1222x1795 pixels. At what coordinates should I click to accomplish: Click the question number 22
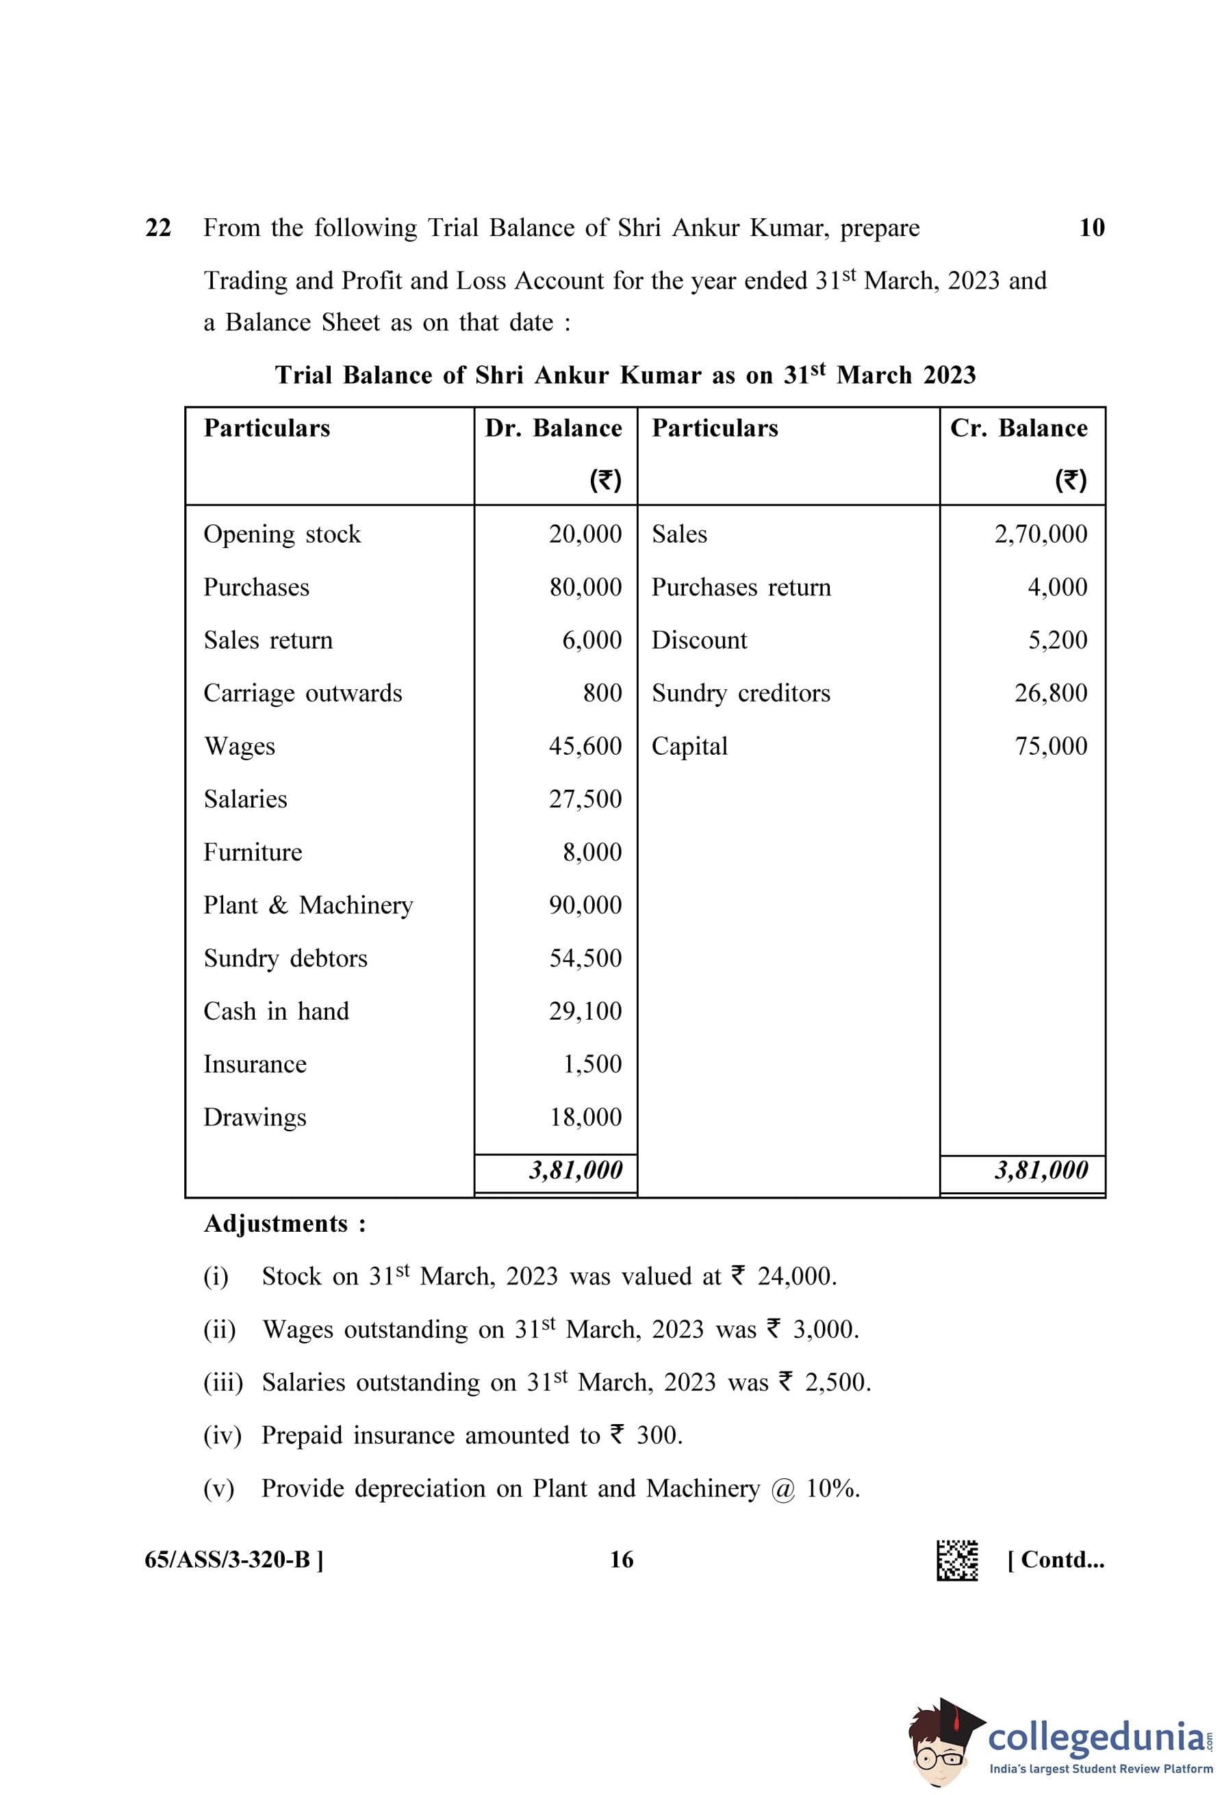click(158, 228)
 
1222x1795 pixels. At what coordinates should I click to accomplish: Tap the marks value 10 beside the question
click(1091, 228)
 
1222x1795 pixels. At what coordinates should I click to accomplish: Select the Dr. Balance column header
click(553, 428)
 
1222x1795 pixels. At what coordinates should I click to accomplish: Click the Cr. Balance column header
click(1018, 428)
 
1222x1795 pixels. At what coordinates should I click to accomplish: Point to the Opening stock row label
click(282, 534)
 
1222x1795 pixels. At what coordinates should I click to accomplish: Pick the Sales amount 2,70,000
click(1041, 534)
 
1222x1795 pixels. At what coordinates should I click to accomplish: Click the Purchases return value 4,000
click(1057, 587)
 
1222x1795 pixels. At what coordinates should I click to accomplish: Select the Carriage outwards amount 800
click(602, 693)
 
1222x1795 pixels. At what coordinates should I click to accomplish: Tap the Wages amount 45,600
click(585, 746)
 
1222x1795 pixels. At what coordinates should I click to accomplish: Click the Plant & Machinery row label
click(308, 905)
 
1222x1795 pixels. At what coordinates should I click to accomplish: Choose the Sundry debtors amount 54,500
click(585, 959)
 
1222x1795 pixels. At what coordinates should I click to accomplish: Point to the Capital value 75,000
click(1051, 746)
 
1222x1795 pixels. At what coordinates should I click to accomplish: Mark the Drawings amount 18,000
click(585, 1118)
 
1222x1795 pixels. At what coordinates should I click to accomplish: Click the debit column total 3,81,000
click(576, 1171)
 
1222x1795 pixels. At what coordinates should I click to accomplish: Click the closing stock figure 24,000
click(795, 1277)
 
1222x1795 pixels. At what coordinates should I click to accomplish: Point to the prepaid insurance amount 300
click(658, 1436)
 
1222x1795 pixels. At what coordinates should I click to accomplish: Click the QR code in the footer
click(956, 1561)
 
